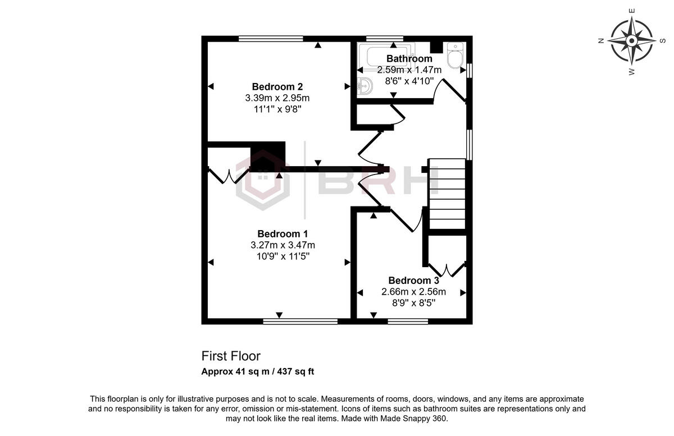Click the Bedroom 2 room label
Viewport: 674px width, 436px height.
[x=277, y=86]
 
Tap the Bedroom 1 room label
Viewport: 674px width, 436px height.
[x=283, y=233]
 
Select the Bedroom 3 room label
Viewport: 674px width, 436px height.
[x=413, y=281]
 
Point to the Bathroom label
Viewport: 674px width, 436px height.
[x=409, y=58]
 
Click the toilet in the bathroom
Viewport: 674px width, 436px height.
[x=454, y=56]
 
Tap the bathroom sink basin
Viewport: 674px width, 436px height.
[x=365, y=86]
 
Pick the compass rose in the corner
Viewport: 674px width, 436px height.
[x=631, y=40]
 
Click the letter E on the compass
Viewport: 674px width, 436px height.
[x=632, y=11]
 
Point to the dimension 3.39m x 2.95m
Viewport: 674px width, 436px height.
[x=277, y=98]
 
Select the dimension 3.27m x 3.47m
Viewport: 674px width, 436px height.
[x=283, y=245]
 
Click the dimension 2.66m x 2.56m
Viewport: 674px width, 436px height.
[x=413, y=292]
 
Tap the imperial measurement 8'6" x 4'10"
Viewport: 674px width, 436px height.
[x=409, y=81]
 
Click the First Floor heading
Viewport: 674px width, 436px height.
[x=231, y=356]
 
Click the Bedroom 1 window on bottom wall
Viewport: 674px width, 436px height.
[x=300, y=322]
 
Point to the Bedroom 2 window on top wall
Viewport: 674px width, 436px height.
[x=271, y=39]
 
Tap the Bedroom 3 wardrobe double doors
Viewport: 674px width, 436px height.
[x=447, y=269]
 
